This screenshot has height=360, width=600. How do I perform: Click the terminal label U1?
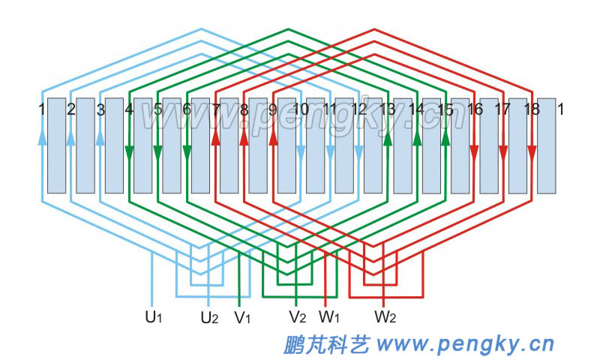tap(154, 317)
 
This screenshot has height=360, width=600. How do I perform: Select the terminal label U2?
tap(209, 317)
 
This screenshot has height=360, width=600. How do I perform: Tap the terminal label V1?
tap(242, 317)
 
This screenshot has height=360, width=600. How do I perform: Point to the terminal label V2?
tap(298, 317)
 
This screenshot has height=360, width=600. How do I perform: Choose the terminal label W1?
tap(330, 317)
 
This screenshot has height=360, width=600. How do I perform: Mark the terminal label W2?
tap(385, 317)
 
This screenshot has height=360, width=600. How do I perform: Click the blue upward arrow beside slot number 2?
tap(70, 138)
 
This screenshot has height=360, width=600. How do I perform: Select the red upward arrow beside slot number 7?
tap(215, 138)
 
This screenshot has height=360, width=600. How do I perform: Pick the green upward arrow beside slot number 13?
tap(388, 138)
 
